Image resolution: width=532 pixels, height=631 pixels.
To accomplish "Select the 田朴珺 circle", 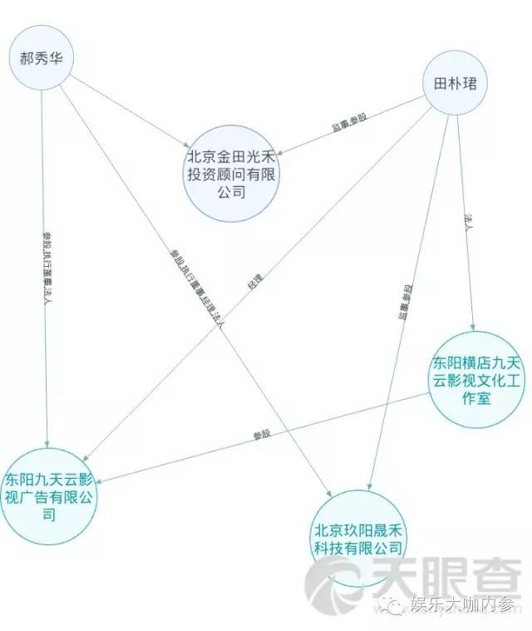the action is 457,84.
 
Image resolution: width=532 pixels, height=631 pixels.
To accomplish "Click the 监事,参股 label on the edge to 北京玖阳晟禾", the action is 405,303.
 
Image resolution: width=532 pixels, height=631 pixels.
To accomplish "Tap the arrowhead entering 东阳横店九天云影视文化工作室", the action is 473,328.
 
